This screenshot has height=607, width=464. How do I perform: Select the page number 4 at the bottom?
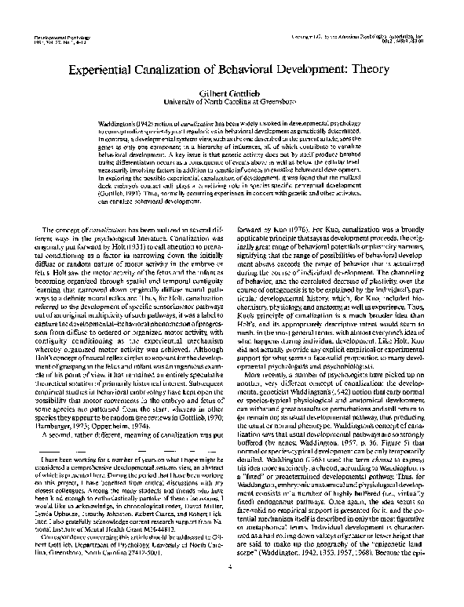pos(232,589)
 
